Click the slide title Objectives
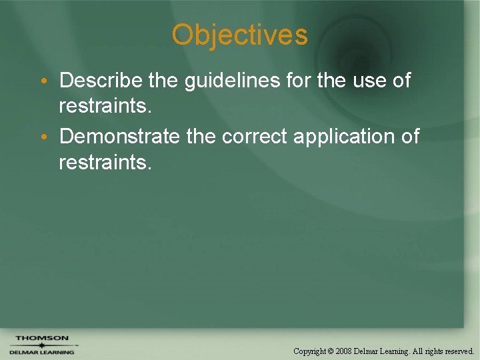tap(239, 35)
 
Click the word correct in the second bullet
tap(255, 137)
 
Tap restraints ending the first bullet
tap(105, 106)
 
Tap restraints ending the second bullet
tap(105, 162)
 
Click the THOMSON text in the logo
tap(41, 338)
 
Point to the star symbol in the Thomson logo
tap(41, 345)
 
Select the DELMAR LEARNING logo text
tap(41, 352)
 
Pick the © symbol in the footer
tap(331, 351)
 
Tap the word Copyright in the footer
tap(310, 351)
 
